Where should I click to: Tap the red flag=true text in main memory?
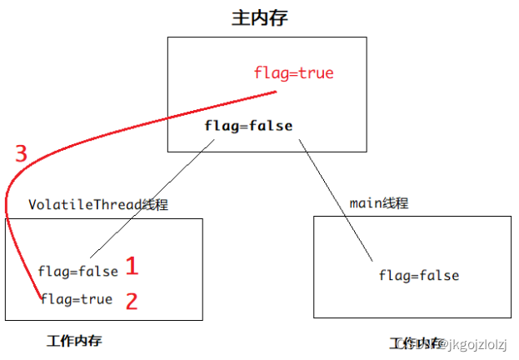pos(293,73)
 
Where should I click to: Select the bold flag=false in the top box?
pos(248,126)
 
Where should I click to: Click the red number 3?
pos(22,153)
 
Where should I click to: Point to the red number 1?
pos(132,267)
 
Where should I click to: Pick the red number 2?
pos(132,301)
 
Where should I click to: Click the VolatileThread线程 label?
pos(98,204)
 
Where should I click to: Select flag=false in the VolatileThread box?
pos(77,271)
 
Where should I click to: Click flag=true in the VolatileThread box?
pos(76,299)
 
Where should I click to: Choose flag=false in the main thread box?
pos(418,276)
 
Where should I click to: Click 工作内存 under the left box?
pos(75,341)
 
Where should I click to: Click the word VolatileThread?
pos(80,204)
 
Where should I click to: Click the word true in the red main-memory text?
pos(316,73)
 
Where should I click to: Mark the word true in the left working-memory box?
pos(96,299)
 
